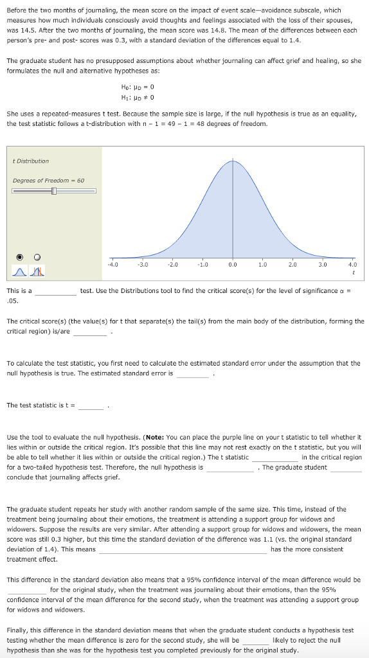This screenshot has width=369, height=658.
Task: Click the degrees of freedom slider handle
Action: [54, 191]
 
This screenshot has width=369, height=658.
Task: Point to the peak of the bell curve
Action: [232, 161]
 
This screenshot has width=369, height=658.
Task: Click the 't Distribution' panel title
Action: [30, 161]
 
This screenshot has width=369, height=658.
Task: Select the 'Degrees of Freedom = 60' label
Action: [49, 180]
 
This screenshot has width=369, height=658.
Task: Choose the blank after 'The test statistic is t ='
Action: [91, 405]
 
